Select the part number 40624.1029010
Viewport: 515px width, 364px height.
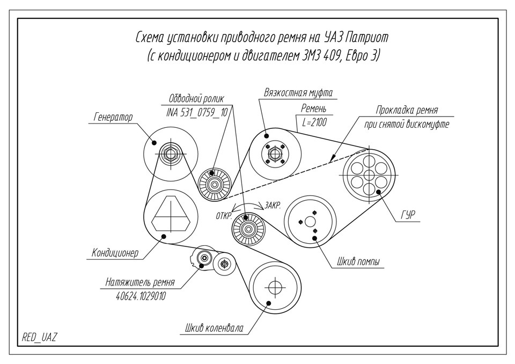[x=141, y=295]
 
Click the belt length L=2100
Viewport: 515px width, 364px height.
[x=314, y=122]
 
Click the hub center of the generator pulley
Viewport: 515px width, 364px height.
[x=171, y=154]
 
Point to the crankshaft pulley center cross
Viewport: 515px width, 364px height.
[x=275, y=287]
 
